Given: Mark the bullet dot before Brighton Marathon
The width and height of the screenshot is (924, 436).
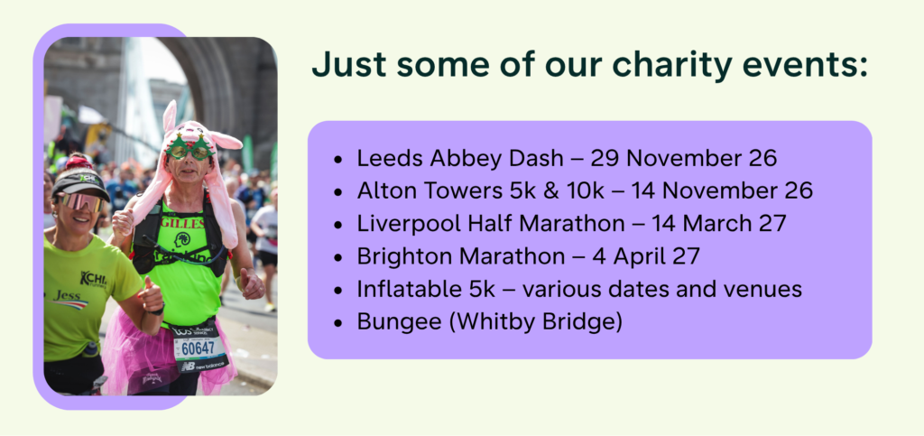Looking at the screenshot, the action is tap(337, 257).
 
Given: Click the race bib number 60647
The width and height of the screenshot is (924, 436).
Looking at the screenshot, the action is tap(198, 349).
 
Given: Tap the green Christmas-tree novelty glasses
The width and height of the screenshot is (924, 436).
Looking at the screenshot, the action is tap(189, 148).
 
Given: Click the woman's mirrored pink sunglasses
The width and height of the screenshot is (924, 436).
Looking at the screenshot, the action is tap(80, 201).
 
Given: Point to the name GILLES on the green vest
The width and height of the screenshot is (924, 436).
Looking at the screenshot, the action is tap(182, 223).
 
